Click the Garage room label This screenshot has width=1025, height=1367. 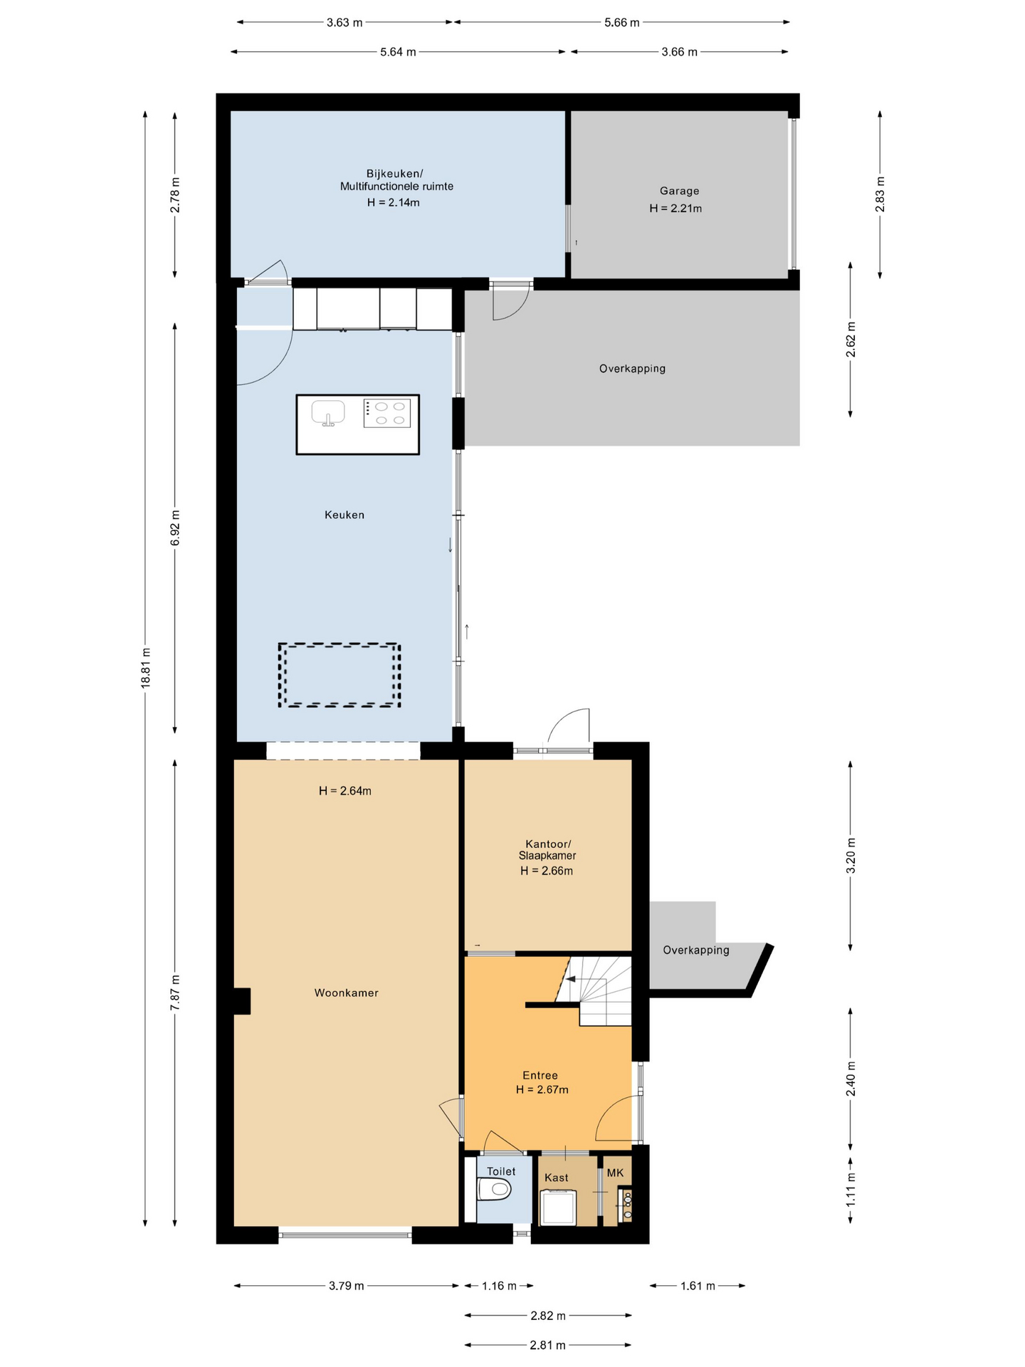coord(679,191)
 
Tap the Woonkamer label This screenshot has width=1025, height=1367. coord(347,992)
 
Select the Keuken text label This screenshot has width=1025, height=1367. coord(345,515)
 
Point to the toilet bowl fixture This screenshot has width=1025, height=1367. coord(494,1188)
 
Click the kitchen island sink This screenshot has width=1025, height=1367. coord(328,412)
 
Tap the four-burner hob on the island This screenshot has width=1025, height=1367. coord(387,413)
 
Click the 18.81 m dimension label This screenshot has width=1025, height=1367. coord(146,668)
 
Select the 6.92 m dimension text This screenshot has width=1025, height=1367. coord(175,528)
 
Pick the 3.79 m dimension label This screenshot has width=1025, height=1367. coord(347,1286)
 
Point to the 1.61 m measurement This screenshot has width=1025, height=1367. coord(698,1286)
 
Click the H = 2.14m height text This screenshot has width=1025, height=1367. coord(394,202)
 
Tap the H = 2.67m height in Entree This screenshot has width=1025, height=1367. coord(542,1089)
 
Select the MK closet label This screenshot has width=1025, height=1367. coord(615,1173)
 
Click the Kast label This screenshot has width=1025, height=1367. coord(557,1178)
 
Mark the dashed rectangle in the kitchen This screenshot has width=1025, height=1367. coord(339,675)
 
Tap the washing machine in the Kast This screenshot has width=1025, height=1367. coord(558,1208)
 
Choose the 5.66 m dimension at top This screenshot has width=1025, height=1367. coord(622,22)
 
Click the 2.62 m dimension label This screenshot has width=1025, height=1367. coord(851,340)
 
